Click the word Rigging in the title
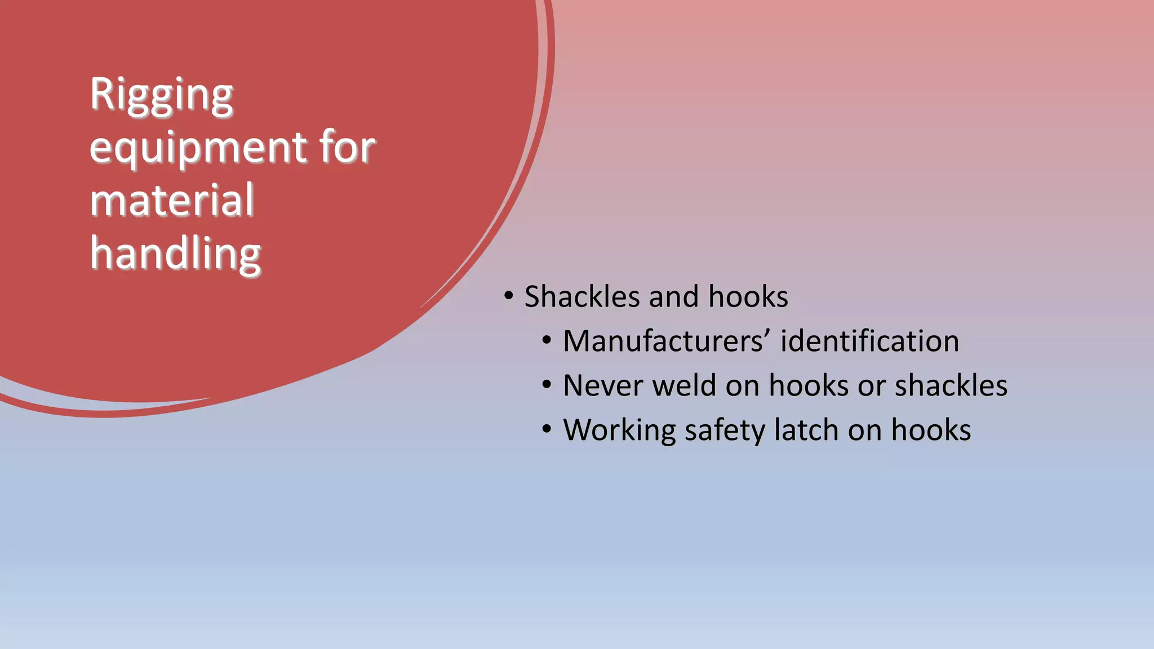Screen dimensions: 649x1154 tap(161, 95)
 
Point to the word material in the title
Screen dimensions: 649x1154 tap(172, 200)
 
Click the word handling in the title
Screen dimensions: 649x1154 tap(175, 254)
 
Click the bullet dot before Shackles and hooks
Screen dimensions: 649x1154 tap(509, 296)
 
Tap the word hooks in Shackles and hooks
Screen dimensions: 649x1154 tap(748, 297)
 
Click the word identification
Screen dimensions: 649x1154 tap(869, 341)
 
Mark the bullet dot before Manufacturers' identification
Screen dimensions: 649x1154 tap(547, 340)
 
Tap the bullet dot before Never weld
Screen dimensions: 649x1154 tap(547, 385)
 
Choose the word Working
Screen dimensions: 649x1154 tap(619, 431)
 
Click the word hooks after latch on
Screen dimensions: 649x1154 tap(931, 430)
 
